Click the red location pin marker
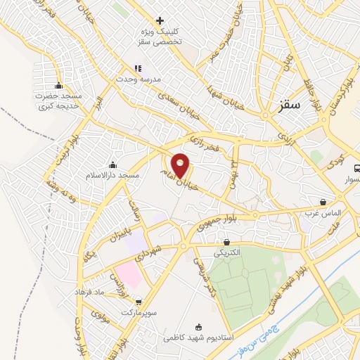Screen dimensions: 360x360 (181, 165)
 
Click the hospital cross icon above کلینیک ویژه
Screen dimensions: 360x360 (160, 21)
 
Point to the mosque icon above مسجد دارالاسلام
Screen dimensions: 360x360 (112, 165)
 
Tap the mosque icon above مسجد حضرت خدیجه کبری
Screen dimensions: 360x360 (58, 86)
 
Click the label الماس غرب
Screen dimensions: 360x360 (323, 211)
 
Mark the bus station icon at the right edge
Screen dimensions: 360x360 (356, 169)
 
